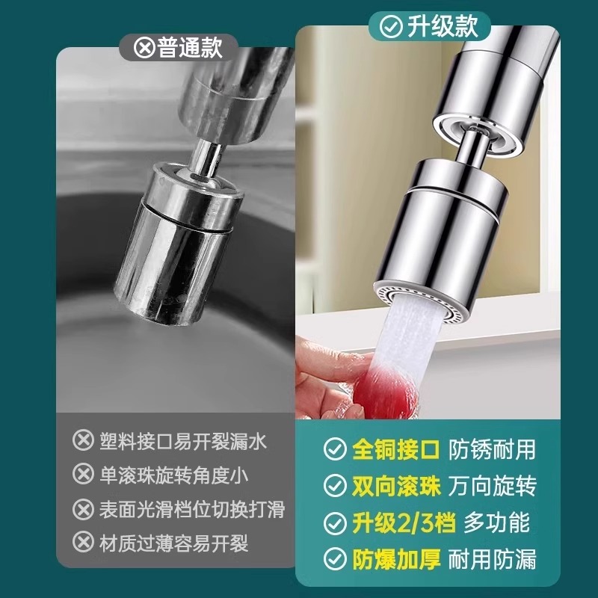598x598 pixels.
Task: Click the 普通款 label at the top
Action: [190, 49]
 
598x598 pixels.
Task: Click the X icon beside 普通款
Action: [144, 49]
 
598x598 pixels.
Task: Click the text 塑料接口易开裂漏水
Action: [182, 440]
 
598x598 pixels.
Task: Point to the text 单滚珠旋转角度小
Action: [173, 475]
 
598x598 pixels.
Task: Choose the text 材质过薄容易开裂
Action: [173, 543]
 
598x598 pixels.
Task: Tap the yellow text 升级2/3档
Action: [403, 523]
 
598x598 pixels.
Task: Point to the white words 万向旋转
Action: [493, 487]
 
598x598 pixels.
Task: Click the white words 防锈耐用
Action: [493, 450]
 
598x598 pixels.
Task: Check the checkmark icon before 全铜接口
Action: [333, 450]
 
